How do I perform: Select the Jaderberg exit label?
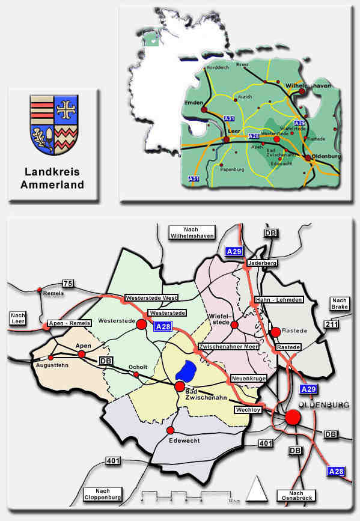(x=261, y=263)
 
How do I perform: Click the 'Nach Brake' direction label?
(x=340, y=303)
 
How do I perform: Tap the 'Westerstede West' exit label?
(x=150, y=298)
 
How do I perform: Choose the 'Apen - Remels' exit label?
(x=69, y=323)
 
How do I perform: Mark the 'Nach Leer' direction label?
(x=16, y=317)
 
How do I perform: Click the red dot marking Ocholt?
(x=136, y=374)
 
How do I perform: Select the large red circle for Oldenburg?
(x=293, y=417)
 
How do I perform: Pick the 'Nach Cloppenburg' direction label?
(x=103, y=494)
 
